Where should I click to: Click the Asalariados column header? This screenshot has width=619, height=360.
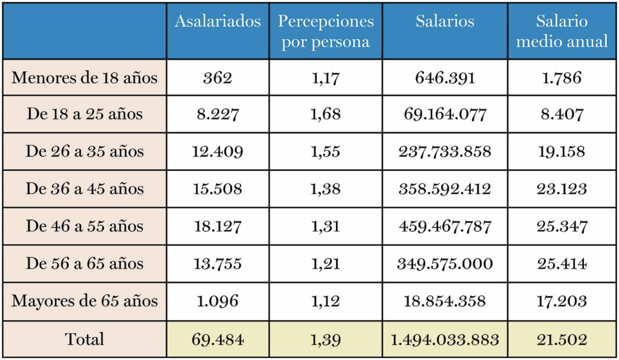218,21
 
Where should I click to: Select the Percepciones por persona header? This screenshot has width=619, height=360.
326,31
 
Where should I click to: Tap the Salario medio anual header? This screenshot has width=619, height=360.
562,31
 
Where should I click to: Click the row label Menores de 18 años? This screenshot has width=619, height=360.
85,77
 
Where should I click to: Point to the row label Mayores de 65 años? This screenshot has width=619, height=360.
85,301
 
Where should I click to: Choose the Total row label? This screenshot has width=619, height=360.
85,339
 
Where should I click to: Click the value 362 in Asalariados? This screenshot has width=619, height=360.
218,77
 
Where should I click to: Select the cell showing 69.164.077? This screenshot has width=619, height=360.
445,114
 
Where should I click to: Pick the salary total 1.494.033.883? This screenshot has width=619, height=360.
445,339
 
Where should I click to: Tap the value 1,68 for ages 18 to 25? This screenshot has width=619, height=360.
326,114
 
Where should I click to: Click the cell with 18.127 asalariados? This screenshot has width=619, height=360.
218,227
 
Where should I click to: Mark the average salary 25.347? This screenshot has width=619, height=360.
562,227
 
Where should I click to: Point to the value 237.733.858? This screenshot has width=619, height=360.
445,152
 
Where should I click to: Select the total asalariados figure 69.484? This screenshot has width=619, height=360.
218,339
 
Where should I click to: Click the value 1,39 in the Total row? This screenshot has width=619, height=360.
326,339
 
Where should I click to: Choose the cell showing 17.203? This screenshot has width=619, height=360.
562,301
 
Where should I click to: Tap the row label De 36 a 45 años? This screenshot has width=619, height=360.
85,189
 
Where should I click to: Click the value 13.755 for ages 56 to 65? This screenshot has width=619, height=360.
218,264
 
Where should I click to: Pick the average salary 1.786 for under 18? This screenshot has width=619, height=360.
562,77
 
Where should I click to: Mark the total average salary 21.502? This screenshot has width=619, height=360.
562,339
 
